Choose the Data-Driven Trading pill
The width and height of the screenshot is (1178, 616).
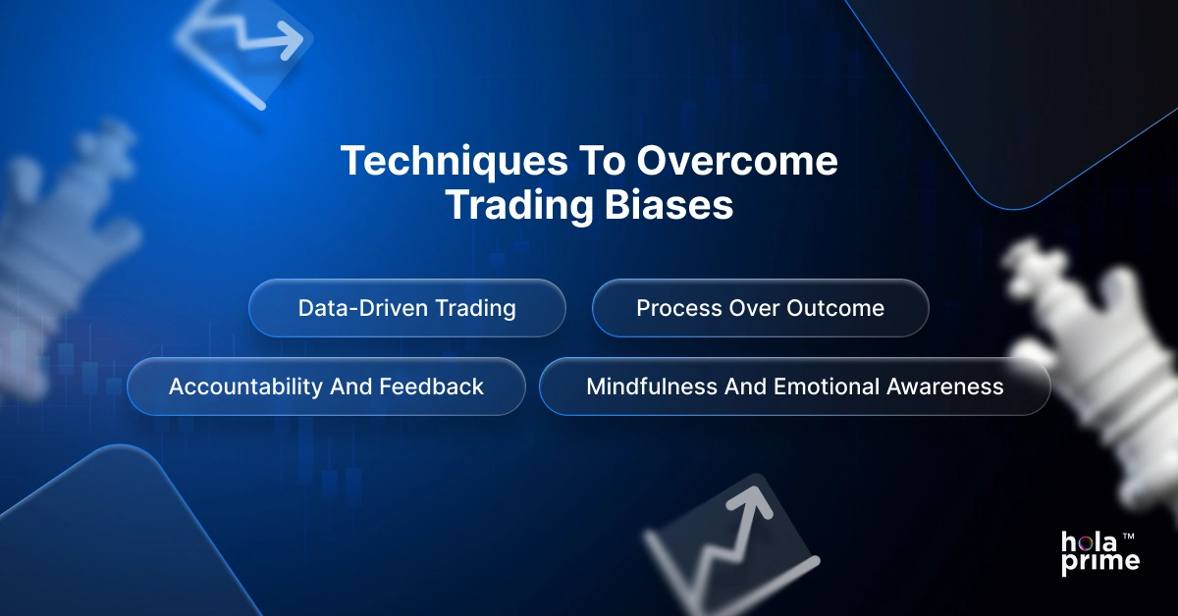coord(406,308)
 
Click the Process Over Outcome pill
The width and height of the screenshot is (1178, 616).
coord(760,308)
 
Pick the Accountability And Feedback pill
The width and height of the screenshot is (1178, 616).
coord(326,386)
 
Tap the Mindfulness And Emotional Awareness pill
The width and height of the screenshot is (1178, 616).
coord(794,386)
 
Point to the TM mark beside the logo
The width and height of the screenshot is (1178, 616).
coord(1129,537)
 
